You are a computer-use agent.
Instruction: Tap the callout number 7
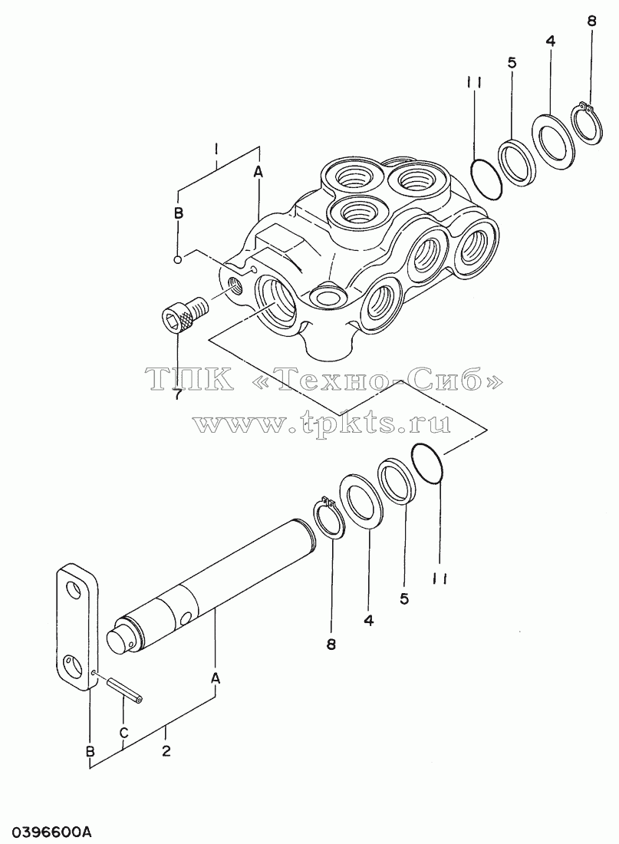click(177, 394)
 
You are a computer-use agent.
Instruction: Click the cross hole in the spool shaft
click(187, 615)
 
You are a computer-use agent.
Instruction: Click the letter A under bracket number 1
click(258, 171)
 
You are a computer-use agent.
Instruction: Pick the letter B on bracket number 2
click(91, 750)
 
